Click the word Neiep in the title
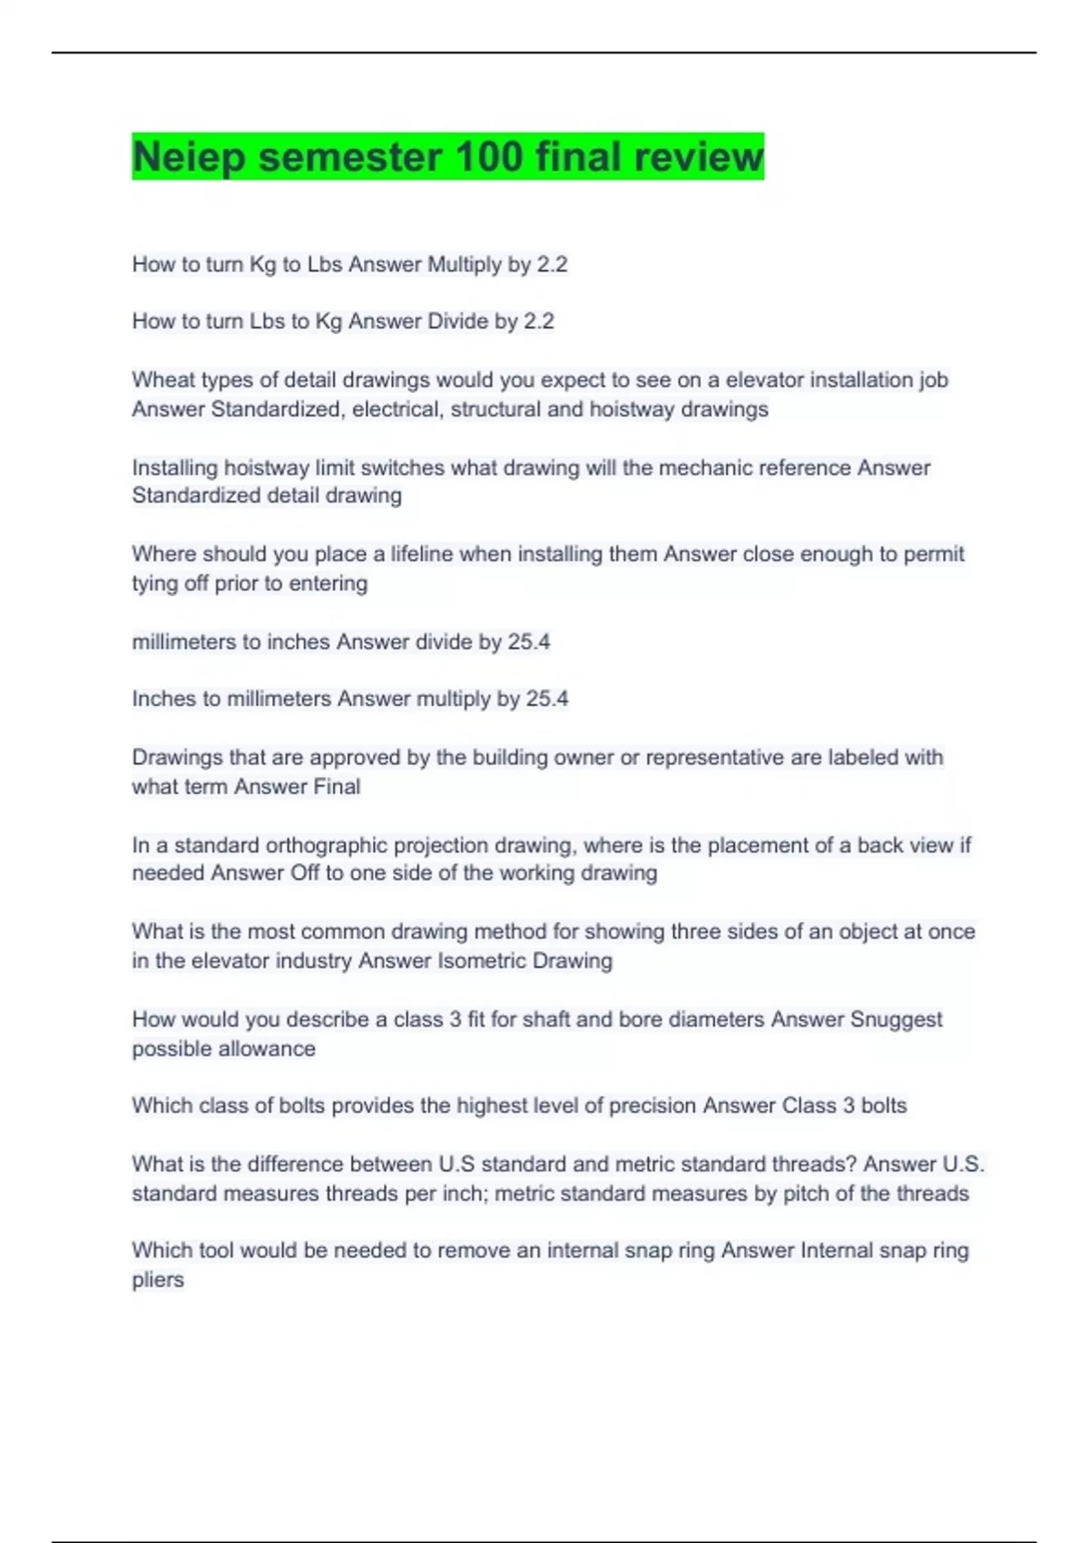[189, 157]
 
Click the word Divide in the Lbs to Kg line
[457, 321]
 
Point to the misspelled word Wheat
[161, 379]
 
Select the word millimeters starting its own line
[183, 642]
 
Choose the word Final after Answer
[337, 786]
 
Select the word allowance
[272, 1048]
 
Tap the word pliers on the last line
[158, 1280]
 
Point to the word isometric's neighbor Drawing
[572, 960]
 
